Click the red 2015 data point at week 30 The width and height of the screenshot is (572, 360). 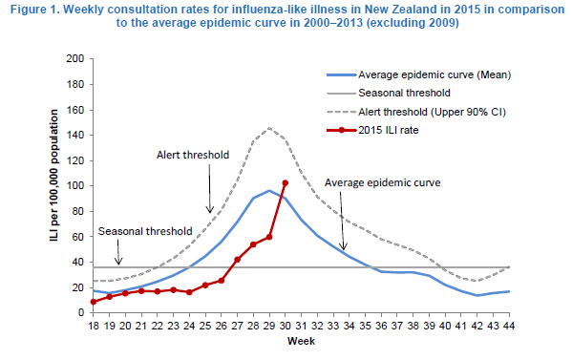(x=286, y=183)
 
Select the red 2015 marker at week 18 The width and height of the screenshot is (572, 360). (x=94, y=302)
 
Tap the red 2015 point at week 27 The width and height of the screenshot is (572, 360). (x=237, y=260)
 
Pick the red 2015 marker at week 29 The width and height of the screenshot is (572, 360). (x=269, y=237)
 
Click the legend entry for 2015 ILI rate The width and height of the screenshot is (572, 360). (x=372, y=130)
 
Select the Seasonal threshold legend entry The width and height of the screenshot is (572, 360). (x=389, y=93)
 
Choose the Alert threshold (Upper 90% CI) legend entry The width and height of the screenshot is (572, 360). (x=416, y=112)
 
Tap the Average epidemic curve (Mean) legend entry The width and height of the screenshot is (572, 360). (x=419, y=74)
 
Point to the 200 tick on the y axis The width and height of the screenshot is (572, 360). (x=75, y=58)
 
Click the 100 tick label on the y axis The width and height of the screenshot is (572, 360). (x=75, y=185)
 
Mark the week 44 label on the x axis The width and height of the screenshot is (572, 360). (x=509, y=326)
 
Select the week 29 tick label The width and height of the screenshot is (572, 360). (x=269, y=326)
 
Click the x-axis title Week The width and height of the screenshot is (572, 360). (x=301, y=341)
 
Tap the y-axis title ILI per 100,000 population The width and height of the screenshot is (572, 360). (x=54, y=175)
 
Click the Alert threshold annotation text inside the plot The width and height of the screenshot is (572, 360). (x=193, y=155)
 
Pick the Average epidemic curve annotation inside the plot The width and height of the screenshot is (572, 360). (x=383, y=182)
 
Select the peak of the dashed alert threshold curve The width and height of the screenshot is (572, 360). (x=269, y=128)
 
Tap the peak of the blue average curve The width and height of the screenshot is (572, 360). (x=269, y=190)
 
